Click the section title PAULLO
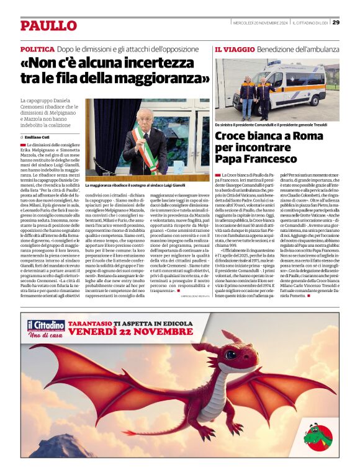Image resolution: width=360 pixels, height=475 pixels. coord(48,25)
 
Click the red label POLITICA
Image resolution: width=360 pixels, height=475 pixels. coord(37,48)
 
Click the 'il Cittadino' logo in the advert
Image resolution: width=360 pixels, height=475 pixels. coord(45,326)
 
